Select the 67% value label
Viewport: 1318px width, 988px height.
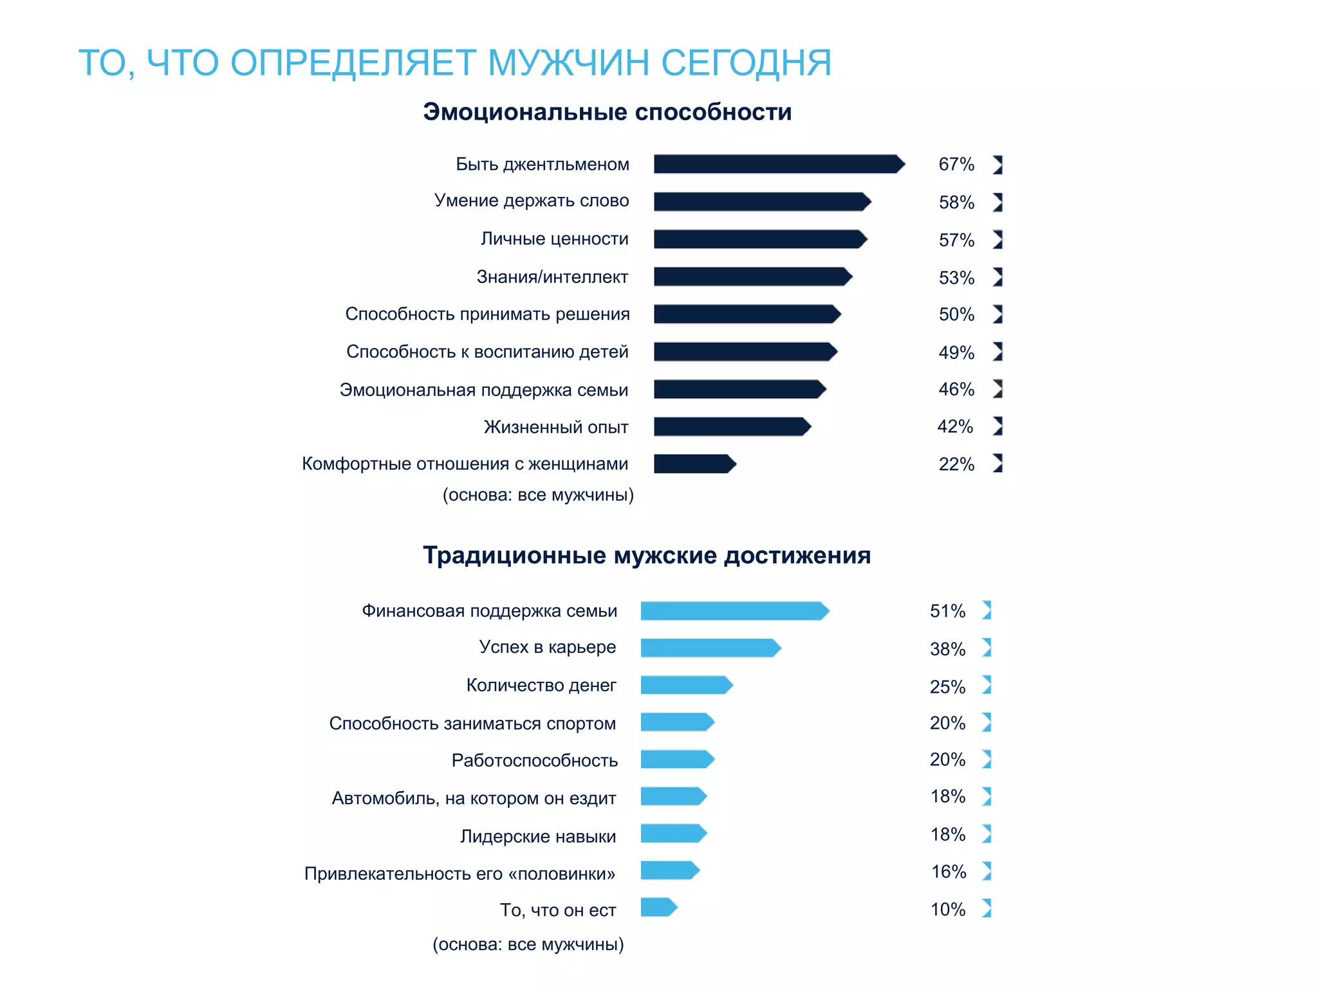coord(956,165)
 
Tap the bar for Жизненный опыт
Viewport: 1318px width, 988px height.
coord(732,426)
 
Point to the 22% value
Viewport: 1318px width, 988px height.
coord(956,464)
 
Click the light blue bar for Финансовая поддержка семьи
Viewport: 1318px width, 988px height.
coord(734,610)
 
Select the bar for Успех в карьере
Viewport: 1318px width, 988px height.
coord(710,648)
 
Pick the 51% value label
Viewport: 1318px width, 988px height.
coord(947,611)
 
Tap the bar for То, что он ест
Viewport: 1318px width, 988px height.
coord(658,908)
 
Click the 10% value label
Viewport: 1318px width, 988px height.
coord(948,910)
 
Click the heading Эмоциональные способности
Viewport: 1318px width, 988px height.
coord(607,112)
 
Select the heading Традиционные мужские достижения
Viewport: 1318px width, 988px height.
coord(646,555)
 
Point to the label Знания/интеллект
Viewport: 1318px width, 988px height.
coord(552,277)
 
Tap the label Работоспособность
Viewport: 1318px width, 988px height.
coord(534,760)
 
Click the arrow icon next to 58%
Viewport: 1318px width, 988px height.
coord(998,202)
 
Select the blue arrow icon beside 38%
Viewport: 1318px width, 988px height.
coord(987,648)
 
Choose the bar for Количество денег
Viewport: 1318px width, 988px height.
coord(686,685)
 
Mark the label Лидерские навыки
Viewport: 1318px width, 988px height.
coord(538,836)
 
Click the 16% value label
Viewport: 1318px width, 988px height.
coord(949,872)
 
